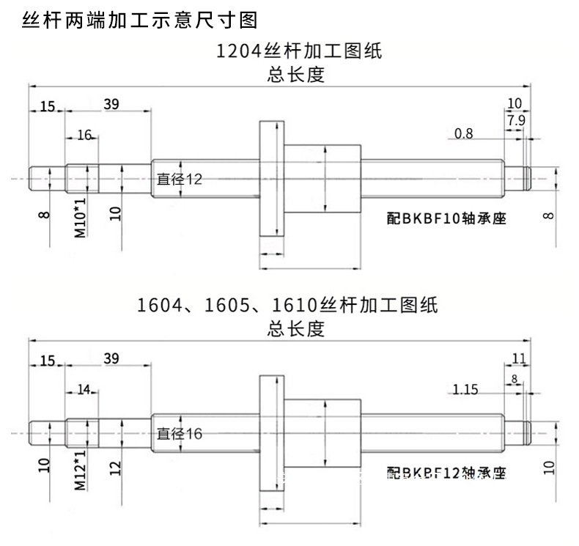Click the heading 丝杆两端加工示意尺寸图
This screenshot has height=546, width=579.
(x=140, y=21)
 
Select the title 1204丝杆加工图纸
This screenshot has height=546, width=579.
(x=299, y=52)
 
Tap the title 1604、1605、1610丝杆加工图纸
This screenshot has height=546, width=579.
(x=287, y=305)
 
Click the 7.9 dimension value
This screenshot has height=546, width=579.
(x=515, y=119)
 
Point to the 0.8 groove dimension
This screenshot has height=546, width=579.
(x=464, y=133)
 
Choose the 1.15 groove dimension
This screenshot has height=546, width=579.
(x=465, y=389)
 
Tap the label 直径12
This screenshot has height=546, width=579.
(x=179, y=180)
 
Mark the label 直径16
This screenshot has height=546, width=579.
(x=179, y=434)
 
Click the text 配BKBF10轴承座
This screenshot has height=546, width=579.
(x=447, y=218)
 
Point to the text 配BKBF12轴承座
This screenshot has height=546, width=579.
(x=447, y=473)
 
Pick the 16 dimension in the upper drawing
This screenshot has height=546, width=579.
(x=84, y=135)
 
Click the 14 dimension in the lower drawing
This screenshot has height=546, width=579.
(x=84, y=389)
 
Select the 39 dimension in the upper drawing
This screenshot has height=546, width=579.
(x=111, y=104)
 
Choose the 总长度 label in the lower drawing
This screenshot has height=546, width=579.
(x=296, y=330)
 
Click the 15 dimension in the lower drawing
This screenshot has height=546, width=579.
(x=47, y=360)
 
